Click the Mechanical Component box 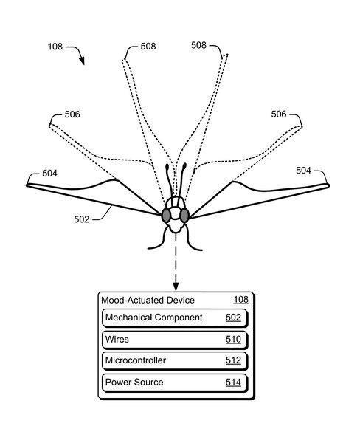pyautogui.click(x=175, y=318)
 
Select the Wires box pyautogui.click(x=175, y=340)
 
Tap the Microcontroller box pyautogui.click(x=175, y=361)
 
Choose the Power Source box pyautogui.click(x=175, y=383)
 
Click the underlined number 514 pyautogui.click(x=233, y=383)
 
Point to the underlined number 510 pyautogui.click(x=233, y=340)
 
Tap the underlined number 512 pyautogui.click(x=233, y=360)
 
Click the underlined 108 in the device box pyautogui.click(x=240, y=300)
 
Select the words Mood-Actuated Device pyautogui.click(x=148, y=300)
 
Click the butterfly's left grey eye pyautogui.click(x=166, y=216)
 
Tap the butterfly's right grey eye pyautogui.click(x=184, y=216)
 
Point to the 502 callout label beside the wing pyautogui.click(x=82, y=219)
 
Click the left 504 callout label pyautogui.click(x=50, y=174)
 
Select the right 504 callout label pyautogui.click(x=304, y=171)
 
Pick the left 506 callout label pyautogui.click(x=72, y=114)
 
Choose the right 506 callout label pyautogui.click(x=279, y=114)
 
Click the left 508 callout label pyautogui.click(x=148, y=47)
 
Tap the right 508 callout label pyautogui.click(x=198, y=45)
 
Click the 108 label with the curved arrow pyautogui.click(x=55, y=47)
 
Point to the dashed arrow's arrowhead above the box pyautogui.click(x=176, y=287)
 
